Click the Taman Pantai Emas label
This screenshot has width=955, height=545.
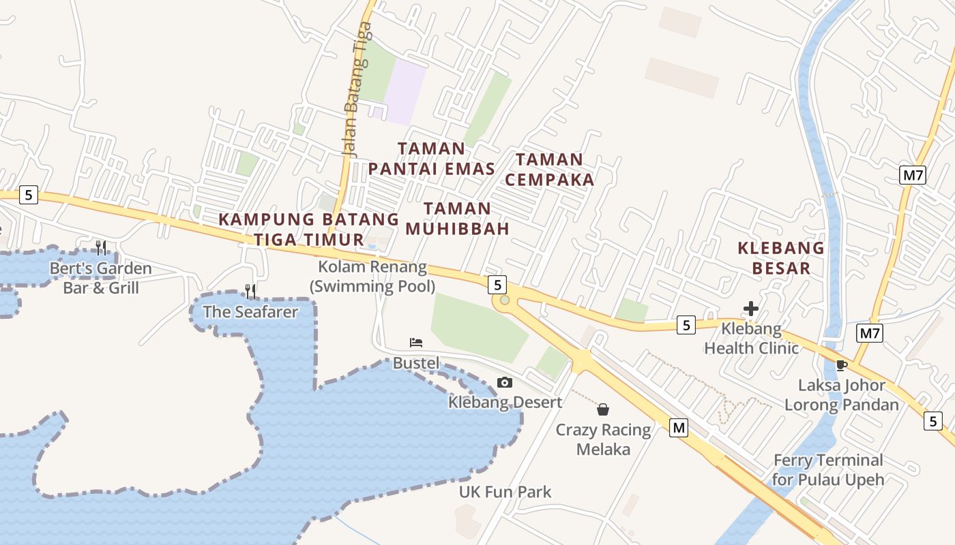pos(431,158)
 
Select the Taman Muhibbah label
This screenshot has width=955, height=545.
pos(458,219)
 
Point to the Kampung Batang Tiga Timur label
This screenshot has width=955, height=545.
pos(309,230)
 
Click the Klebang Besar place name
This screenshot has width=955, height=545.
pos(781,258)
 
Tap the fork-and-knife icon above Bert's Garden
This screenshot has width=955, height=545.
pos(100,247)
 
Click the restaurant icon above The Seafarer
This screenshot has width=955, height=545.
pos(250,292)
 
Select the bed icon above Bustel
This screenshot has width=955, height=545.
pos(416,342)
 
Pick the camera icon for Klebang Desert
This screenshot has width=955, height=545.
pos(505,382)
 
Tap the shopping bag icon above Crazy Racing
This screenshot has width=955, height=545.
pos(603,409)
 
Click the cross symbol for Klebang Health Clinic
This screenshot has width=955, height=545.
pos(751,309)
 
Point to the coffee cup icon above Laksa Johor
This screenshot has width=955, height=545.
pos(842,365)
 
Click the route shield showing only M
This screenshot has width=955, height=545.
pos(678,428)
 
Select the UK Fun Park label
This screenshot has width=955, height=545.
pos(505,492)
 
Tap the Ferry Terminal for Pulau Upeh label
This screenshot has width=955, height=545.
pos(828,469)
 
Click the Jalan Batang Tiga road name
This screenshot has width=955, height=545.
pos(357,89)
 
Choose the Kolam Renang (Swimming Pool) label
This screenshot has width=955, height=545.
pos(372,277)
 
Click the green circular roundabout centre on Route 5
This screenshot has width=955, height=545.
pos(504,300)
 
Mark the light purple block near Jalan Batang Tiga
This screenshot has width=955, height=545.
pos(404,91)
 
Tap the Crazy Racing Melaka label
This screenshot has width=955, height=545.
pos(603,439)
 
